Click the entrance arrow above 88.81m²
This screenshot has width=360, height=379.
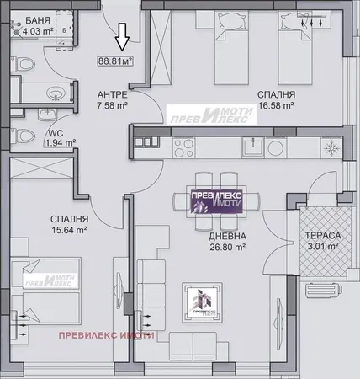coord(121,37)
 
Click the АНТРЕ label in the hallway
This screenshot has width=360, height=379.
coord(111,95)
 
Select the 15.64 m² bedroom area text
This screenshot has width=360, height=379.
coord(68,228)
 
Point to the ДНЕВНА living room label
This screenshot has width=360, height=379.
coord(226,237)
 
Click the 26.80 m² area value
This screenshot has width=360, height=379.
coord(226,248)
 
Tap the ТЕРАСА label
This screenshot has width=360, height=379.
coord(320,235)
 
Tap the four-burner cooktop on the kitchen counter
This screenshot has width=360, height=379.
coord(183,147)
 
